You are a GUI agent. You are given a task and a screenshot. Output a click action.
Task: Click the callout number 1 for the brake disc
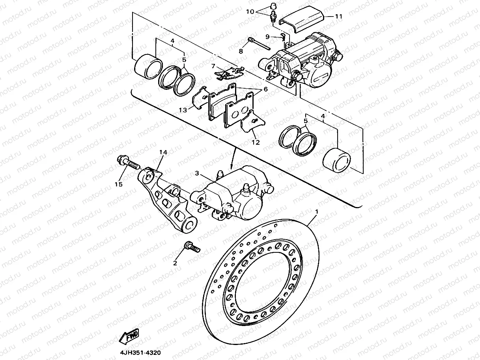click(316, 212)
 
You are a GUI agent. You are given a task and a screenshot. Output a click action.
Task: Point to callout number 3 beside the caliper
click(197, 173)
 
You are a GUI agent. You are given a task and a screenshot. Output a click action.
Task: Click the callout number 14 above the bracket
click(163, 153)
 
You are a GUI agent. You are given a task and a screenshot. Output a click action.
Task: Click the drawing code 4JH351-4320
click(140, 353)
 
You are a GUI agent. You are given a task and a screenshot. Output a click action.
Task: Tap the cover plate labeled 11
click(302, 20)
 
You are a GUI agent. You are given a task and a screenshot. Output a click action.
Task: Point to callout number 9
click(267, 36)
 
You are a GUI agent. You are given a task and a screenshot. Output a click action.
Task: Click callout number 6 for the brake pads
click(265, 90)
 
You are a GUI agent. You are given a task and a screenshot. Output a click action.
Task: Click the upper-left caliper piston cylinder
click(148, 65)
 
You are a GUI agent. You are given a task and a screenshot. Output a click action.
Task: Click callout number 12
click(256, 142)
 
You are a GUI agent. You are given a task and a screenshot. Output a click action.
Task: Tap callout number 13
click(183, 111)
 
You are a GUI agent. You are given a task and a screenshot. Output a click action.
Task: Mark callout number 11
click(339, 17)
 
